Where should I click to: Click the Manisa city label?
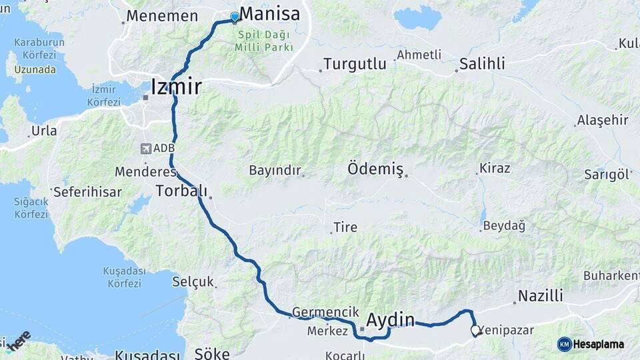[269, 14]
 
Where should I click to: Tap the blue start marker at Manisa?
[235, 17]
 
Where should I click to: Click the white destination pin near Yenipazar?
[475, 330]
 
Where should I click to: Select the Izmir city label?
[176, 87]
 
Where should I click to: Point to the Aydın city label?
[391, 319]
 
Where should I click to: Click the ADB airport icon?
[146, 148]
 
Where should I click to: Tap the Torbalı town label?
[181, 191]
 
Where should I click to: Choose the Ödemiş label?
[375, 169]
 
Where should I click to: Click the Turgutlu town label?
[355, 65]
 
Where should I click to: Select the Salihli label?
[481, 65]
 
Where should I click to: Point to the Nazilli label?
[540, 295]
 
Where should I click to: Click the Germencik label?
[321, 312]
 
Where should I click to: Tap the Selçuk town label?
[193, 282]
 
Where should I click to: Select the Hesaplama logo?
[591, 344]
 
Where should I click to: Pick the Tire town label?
[345, 227]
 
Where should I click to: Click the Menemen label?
[162, 16]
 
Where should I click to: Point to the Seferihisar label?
[87, 192]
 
